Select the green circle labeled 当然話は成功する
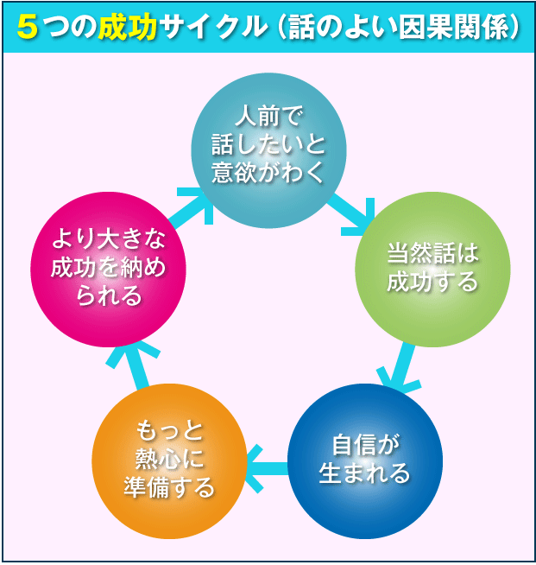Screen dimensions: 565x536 click(x=432, y=269)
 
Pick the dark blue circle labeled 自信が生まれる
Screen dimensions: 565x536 click(x=365, y=460)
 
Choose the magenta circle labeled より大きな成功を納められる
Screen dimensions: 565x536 click(x=108, y=269)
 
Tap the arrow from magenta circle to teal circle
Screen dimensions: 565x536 click(x=190, y=208)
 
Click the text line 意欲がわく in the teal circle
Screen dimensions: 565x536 click(x=268, y=172)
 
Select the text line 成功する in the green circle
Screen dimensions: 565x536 click(x=432, y=282)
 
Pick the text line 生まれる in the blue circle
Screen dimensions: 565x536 click(x=365, y=473)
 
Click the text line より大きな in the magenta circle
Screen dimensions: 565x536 click(x=108, y=241)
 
